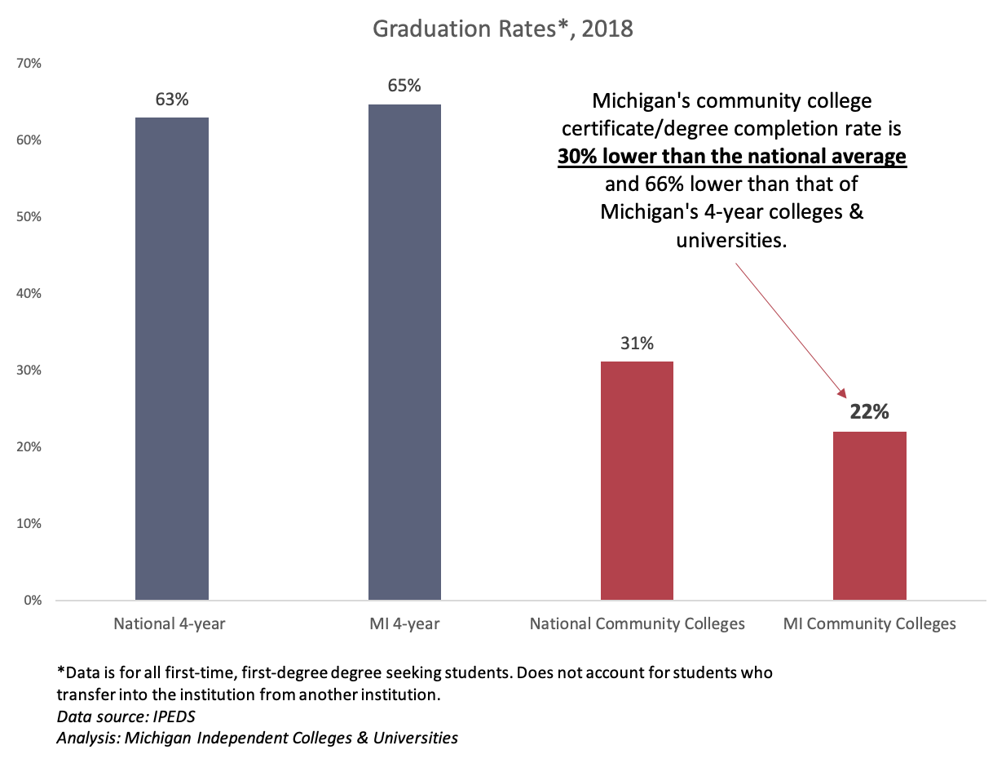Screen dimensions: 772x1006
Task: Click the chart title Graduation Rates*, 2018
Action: pyautogui.click(x=503, y=29)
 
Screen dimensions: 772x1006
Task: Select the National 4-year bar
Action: pyautogui.click(x=172, y=359)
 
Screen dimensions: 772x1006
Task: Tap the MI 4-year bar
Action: pyautogui.click(x=404, y=352)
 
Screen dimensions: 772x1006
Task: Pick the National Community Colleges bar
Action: pyautogui.click(x=637, y=481)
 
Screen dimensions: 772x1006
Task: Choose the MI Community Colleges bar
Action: pyautogui.click(x=869, y=516)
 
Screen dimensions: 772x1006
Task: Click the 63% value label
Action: pyautogui.click(x=172, y=100)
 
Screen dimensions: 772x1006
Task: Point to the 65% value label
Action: pyautogui.click(x=404, y=86)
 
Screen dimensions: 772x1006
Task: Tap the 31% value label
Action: pyautogui.click(x=637, y=344)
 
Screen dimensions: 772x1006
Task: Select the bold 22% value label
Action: pyautogui.click(x=869, y=412)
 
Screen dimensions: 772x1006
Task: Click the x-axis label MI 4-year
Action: pyautogui.click(x=404, y=624)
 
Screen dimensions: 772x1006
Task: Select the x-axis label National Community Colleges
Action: pyautogui.click(x=637, y=624)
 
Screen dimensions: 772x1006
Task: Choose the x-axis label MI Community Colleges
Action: pyautogui.click(x=869, y=624)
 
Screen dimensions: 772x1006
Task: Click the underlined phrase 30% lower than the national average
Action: pyautogui.click(x=732, y=157)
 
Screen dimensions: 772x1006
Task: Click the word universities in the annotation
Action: pyautogui.click(x=731, y=240)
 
